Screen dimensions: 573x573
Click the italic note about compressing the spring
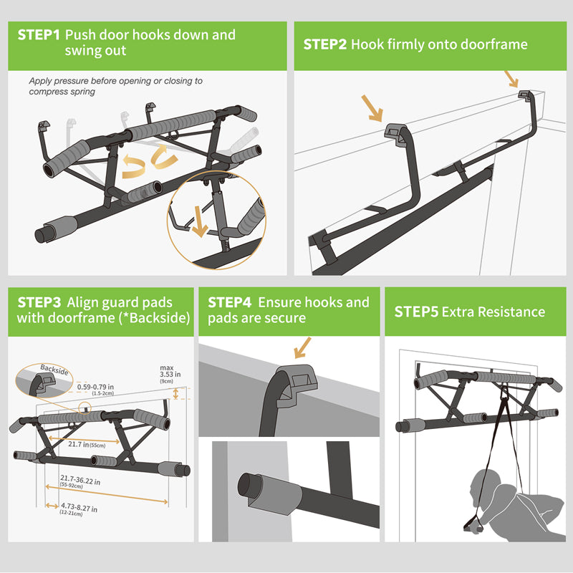click(x=115, y=86)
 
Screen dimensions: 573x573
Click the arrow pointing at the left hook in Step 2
click(x=372, y=107)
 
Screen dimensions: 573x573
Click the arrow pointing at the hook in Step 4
click(x=302, y=350)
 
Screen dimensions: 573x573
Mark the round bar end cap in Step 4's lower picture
click(x=251, y=487)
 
